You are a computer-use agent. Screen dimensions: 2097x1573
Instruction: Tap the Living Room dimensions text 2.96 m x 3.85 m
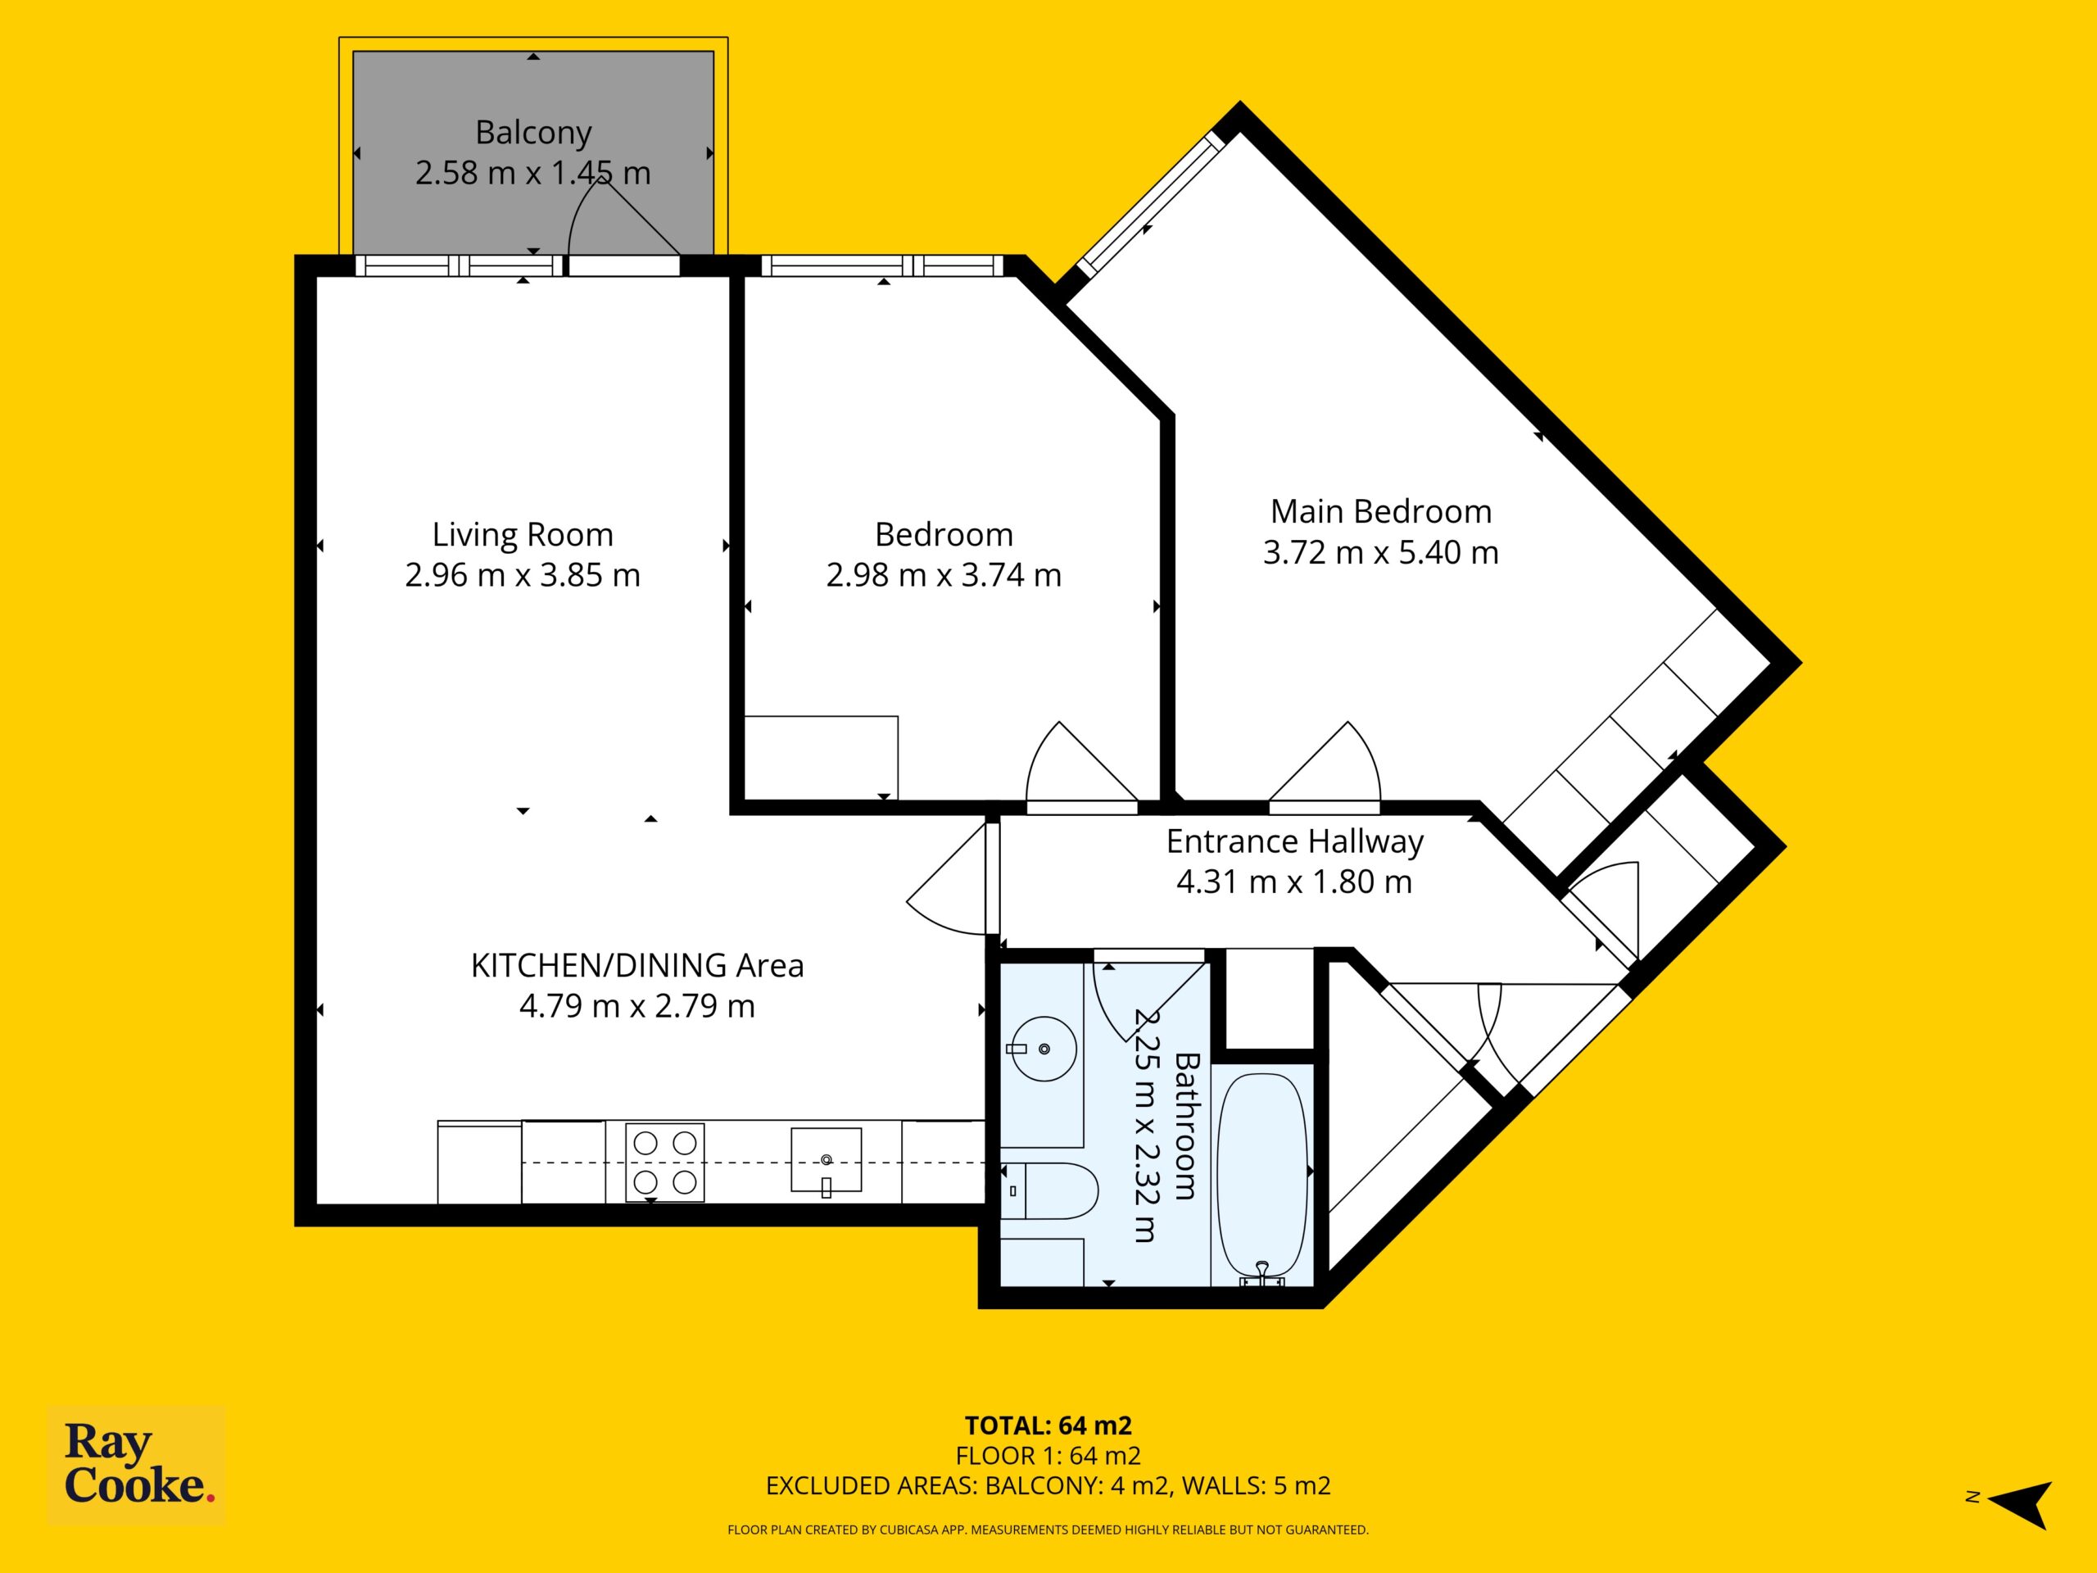click(523, 575)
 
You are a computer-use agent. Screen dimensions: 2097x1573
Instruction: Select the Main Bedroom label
click(1380, 512)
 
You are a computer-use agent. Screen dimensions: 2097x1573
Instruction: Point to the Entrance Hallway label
click(1294, 842)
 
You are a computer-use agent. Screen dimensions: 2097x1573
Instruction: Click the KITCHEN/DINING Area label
click(637, 965)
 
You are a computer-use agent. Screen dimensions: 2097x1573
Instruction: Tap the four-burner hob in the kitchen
click(664, 1163)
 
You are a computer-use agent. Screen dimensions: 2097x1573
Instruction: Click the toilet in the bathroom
click(1049, 1191)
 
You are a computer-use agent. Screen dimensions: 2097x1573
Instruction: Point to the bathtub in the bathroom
click(1261, 1180)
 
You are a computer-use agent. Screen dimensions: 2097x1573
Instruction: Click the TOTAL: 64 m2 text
click(1048, 1425)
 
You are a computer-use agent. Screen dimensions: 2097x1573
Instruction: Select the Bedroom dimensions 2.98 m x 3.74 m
click(944, 575)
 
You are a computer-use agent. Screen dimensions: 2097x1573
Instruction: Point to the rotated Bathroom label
click(1187, 1126)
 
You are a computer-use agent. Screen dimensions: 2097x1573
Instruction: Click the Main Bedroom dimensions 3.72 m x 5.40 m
click(1380, 553)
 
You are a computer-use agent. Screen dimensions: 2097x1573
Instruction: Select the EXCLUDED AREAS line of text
click(1048, 1486)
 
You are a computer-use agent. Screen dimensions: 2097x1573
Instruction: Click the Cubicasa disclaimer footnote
click(1048, 1530)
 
